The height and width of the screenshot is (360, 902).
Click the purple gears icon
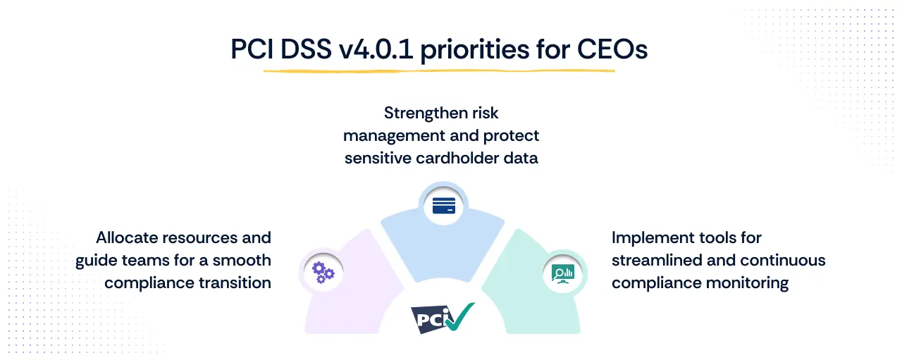click(x=323, y=271)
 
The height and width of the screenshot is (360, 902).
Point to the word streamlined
click(x=657, y=260)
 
